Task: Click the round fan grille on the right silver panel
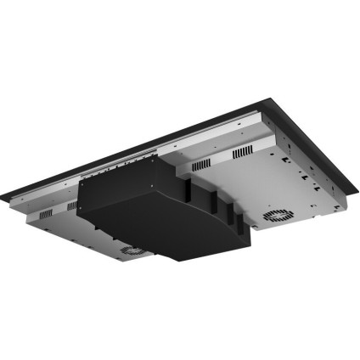click(277, 216)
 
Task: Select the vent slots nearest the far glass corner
click(244, 149)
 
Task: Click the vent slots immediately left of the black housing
click(70, 205)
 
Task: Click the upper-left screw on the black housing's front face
click(85, 185)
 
